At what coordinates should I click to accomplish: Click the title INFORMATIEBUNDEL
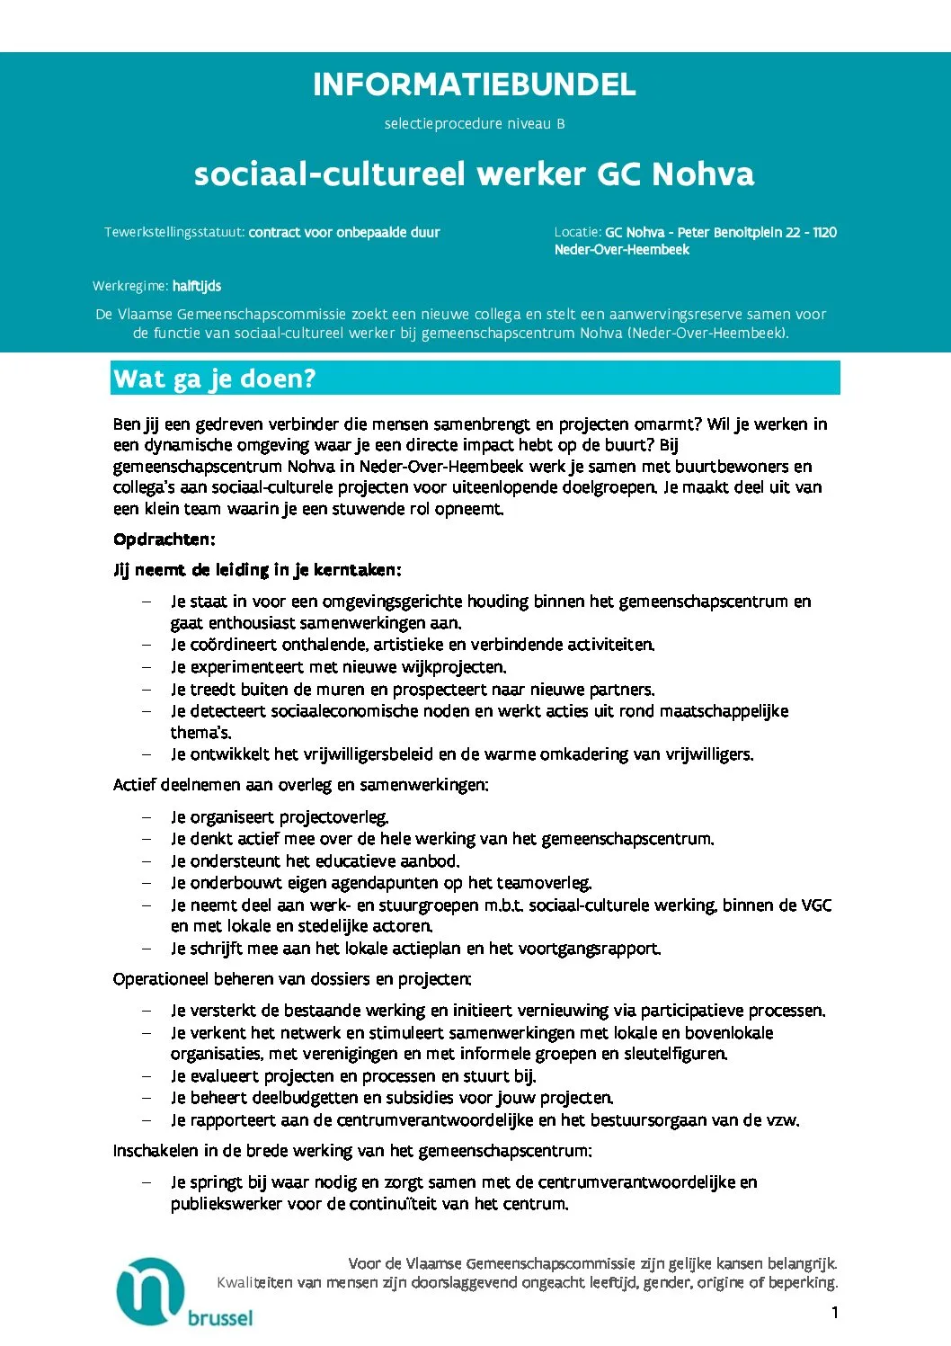[x=474, y=85]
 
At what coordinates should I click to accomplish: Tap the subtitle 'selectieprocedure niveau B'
[x=475, y=124]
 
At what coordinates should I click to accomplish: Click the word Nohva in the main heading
[x=702, y=174]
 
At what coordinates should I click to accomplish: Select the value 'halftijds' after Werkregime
[x=197, y=286]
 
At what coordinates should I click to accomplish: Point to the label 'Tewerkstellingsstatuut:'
[x=174, y=232]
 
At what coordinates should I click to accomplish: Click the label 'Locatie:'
[x=577, y=232]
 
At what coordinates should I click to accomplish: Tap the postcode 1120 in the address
[x=824, y=232]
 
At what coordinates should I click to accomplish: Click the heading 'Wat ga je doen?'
[x=215, y=379]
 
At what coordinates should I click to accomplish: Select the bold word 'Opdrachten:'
[x=164, y=539]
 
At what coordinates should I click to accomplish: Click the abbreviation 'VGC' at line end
[x=815, y=905]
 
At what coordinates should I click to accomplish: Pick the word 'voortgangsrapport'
[x=594, y=949]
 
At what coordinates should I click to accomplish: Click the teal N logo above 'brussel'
[x=150, y=1291]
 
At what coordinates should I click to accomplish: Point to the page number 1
[x=834, y=1313]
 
